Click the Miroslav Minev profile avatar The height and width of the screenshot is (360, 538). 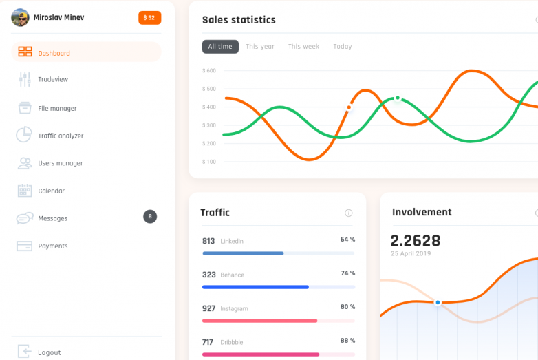coord(20,17)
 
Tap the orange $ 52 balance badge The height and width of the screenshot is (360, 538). coord(149,17)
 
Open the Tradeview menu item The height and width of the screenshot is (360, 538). coord(53,79)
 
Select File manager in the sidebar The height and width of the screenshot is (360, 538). coord(57,108)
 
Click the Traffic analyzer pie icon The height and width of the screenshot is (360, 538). coord(25,135)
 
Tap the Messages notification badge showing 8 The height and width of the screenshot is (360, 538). coord(150,217)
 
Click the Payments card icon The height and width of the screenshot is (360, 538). coord(25,246)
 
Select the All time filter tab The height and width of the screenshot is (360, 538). coord(220,47)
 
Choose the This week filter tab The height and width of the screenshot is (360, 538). coord(303,47)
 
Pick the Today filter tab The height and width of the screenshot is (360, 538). coord(342,47)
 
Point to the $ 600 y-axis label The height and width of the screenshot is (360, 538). coord(209,70)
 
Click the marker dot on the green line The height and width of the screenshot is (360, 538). coord(397,98)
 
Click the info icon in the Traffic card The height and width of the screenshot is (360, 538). coord(349,213)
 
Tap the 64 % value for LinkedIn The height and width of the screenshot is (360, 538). coord(347,240)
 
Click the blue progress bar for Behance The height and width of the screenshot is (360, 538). coord(255,286)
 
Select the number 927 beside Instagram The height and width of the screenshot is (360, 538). coord(208,308)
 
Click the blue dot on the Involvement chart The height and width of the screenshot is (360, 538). coord(438,302)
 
